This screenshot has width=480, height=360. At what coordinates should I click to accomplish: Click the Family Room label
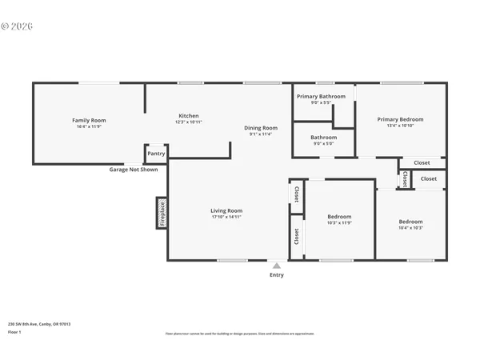pos(89,120)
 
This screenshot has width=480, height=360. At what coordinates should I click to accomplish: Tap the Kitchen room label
pos(188,116)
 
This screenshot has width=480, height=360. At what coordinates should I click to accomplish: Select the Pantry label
pos(156,153)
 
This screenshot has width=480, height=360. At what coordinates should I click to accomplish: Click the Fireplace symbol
pos(161,214)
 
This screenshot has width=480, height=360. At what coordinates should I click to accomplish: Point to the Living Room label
pos(226,210)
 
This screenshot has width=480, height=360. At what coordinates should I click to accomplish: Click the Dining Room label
pos(261,128)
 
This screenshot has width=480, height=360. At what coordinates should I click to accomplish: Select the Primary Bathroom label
pos(321,96)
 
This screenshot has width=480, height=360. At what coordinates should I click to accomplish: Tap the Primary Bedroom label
pos(400,119)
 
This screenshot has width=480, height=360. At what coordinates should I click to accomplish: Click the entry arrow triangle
pos(276,266)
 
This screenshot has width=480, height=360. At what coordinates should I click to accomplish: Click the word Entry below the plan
pos(276,274)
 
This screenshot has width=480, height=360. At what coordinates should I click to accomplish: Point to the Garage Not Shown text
pos(134,170)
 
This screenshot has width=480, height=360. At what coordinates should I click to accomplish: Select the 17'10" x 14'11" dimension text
pos(226,217)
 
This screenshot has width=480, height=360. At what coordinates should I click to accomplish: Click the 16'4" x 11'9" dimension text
pos(89,126)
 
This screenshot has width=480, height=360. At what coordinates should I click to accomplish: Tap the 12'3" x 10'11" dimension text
pos(188,122)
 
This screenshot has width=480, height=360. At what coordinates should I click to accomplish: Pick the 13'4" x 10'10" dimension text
pos(400,126)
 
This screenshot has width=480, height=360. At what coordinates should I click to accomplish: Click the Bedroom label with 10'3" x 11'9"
pos(339,216)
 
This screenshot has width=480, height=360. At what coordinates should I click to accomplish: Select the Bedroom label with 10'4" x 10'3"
pos(410,222)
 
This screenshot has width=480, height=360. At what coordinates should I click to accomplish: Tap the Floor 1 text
pos(14,331)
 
